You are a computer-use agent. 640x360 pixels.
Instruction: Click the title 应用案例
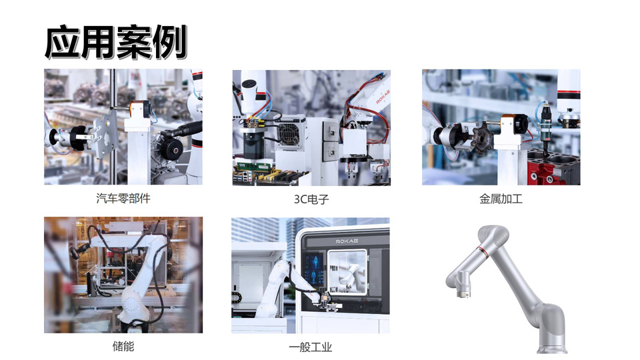coord(116,41)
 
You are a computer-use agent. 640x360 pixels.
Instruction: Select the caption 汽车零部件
coord(123,199)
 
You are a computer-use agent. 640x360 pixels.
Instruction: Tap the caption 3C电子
coord(311,199)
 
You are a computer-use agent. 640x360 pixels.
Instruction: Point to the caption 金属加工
coord(501,199)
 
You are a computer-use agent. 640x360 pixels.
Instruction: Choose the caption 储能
coord(123,347)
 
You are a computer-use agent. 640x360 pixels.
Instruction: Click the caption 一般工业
coord(311,347)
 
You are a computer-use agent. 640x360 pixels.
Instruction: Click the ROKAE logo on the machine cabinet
coord(347,241)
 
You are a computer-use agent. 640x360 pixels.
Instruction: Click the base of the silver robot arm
coord(552,348)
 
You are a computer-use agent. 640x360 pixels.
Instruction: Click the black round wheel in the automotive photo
coord(171,149)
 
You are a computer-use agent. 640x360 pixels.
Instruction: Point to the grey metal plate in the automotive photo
coord(105,133)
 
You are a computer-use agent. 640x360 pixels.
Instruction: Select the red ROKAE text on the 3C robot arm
coord(383,97)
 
